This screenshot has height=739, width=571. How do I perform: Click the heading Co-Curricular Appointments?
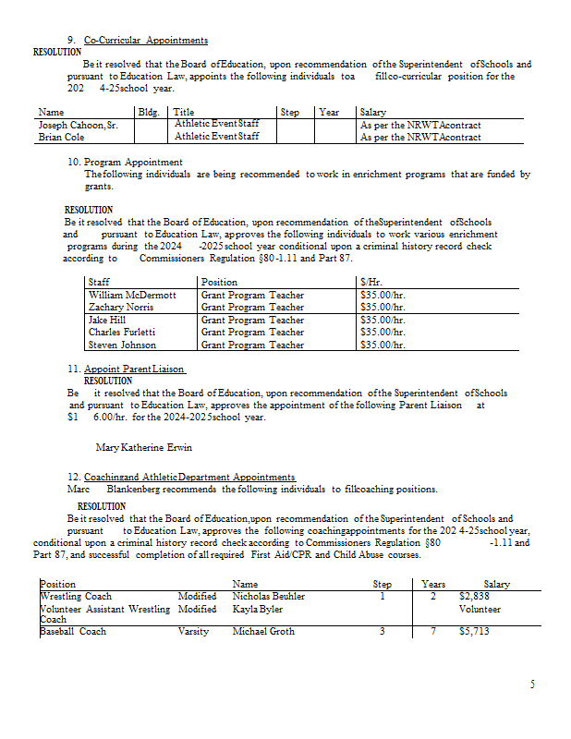[145, 41]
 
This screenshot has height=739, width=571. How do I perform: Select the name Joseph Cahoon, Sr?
[78, 125]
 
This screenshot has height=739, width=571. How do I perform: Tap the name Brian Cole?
[60, 137]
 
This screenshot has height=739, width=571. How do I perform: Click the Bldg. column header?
[148, 113]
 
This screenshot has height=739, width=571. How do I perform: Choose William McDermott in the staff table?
[132, 296]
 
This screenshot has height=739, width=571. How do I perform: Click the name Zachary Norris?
[121, 308]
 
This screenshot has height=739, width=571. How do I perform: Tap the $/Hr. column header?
[373, 283]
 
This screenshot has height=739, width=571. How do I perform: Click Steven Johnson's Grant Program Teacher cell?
[252, 345]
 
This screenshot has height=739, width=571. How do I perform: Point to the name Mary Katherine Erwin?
[144, 448]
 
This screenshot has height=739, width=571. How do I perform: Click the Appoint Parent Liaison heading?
[134, 369]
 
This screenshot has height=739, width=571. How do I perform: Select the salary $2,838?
[473, 597]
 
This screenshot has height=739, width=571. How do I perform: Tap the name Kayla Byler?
[257, 610]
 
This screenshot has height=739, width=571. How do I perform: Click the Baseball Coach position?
[73, 632]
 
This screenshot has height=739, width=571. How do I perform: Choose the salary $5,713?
[473, 632]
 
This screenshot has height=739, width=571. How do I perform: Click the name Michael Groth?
[261, 632]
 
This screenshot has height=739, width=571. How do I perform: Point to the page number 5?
[532, 684]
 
